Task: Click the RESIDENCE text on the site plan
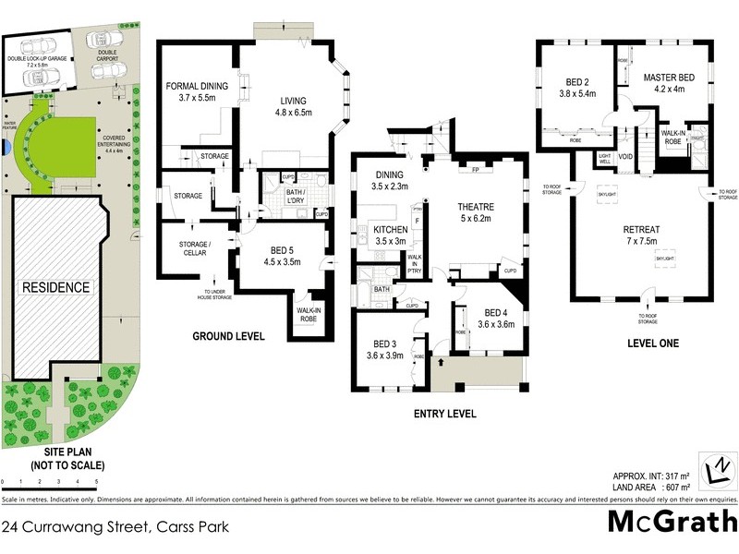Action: pyautogui.click(x=56, y=287)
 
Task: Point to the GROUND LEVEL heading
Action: pyautogui.click(x=227, y=336)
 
